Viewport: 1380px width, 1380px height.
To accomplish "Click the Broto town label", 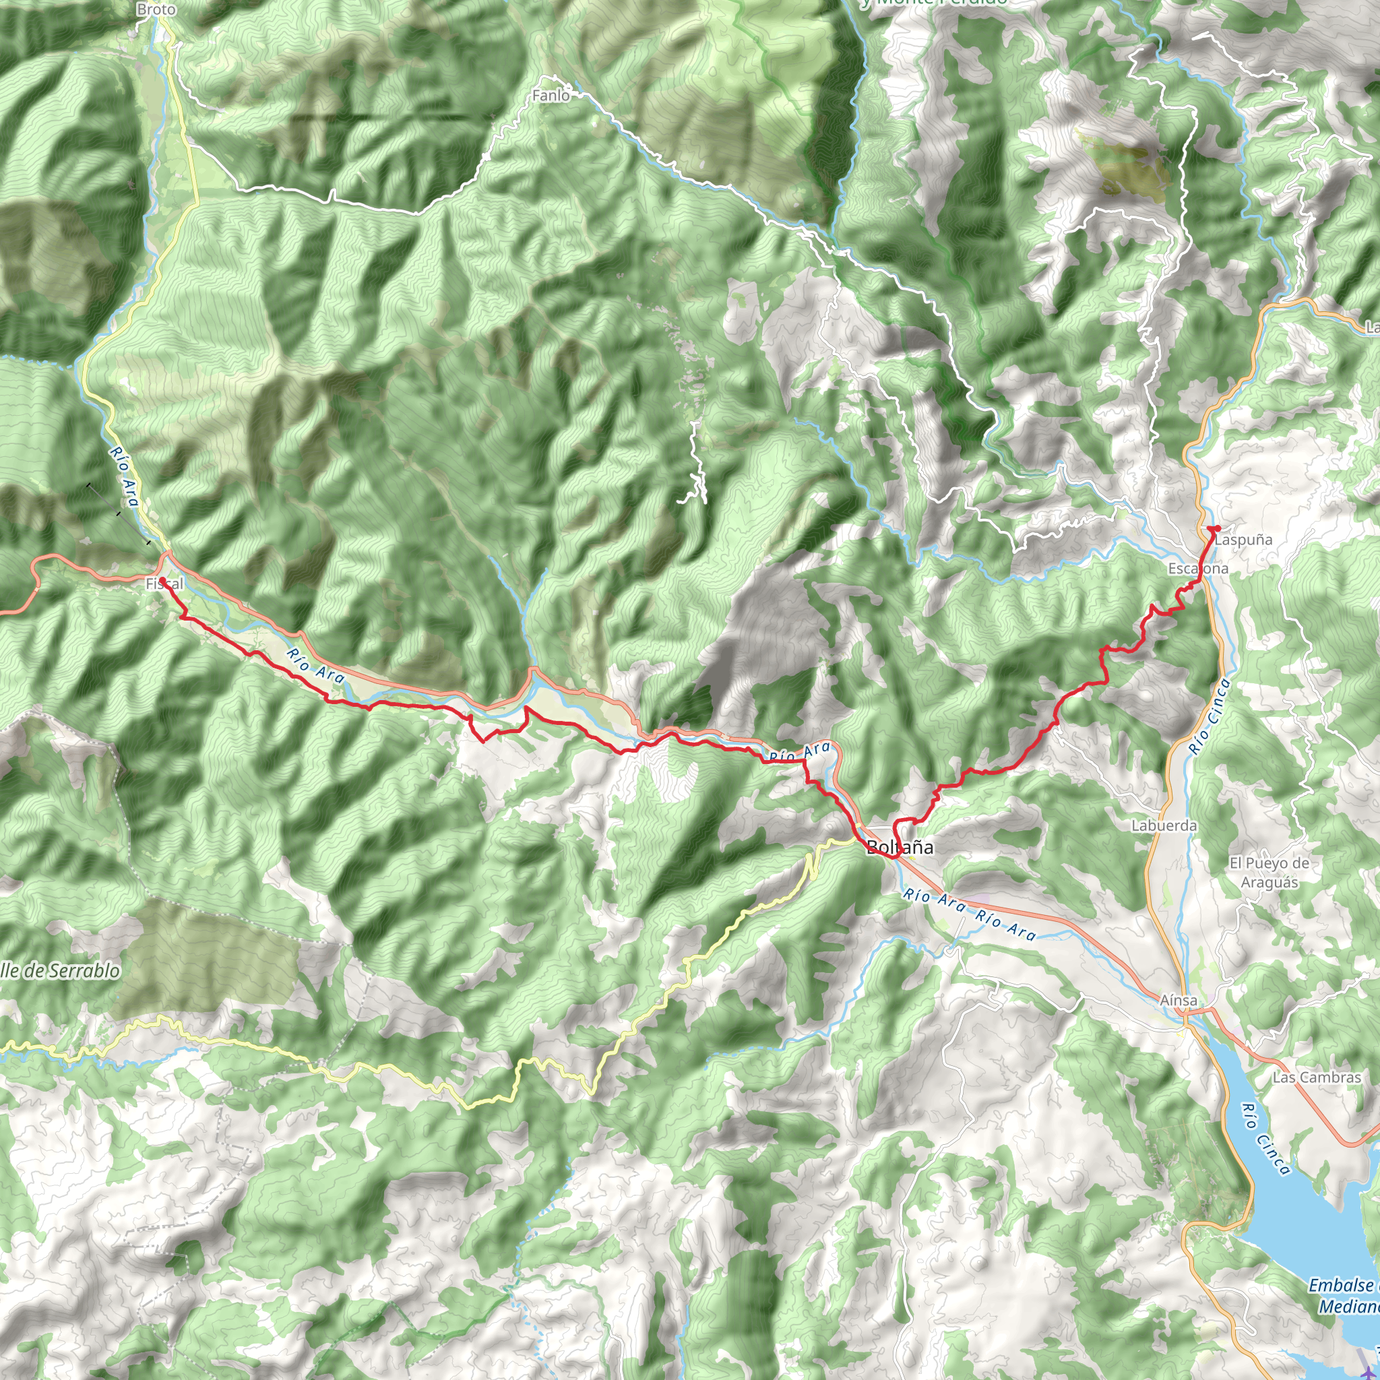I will (x=156, y=9).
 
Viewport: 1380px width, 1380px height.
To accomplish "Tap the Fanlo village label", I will (x=551, y=95).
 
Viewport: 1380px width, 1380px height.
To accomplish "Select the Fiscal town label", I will (x=165, y=584).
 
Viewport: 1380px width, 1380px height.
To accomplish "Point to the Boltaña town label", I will (x=900, y=847).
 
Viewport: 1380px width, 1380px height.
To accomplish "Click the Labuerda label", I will (x=1164, y=825).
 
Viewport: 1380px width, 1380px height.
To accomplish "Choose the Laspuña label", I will (x=1243, y=540).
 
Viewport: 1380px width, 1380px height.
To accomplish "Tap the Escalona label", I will (x=1198, y=569).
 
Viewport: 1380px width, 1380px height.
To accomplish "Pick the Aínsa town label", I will (x=1178, y=1000).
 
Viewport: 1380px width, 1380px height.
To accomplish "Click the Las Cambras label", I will (x=1317, y=1077).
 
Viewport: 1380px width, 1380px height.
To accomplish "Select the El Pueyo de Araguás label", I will (x=1269, y=872).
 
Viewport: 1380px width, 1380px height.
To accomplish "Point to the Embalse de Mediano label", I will (x=1343, y=1296).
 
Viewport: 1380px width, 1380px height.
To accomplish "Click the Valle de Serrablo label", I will (x=60, y=971).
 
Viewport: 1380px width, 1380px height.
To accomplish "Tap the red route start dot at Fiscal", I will (x=162, y=580).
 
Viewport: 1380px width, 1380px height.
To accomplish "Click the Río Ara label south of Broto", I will (x=124, y=476).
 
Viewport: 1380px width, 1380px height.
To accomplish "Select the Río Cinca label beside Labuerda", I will (x=1210, y=716).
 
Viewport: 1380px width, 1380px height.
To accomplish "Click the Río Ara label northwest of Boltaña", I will (x=799, y=751).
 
